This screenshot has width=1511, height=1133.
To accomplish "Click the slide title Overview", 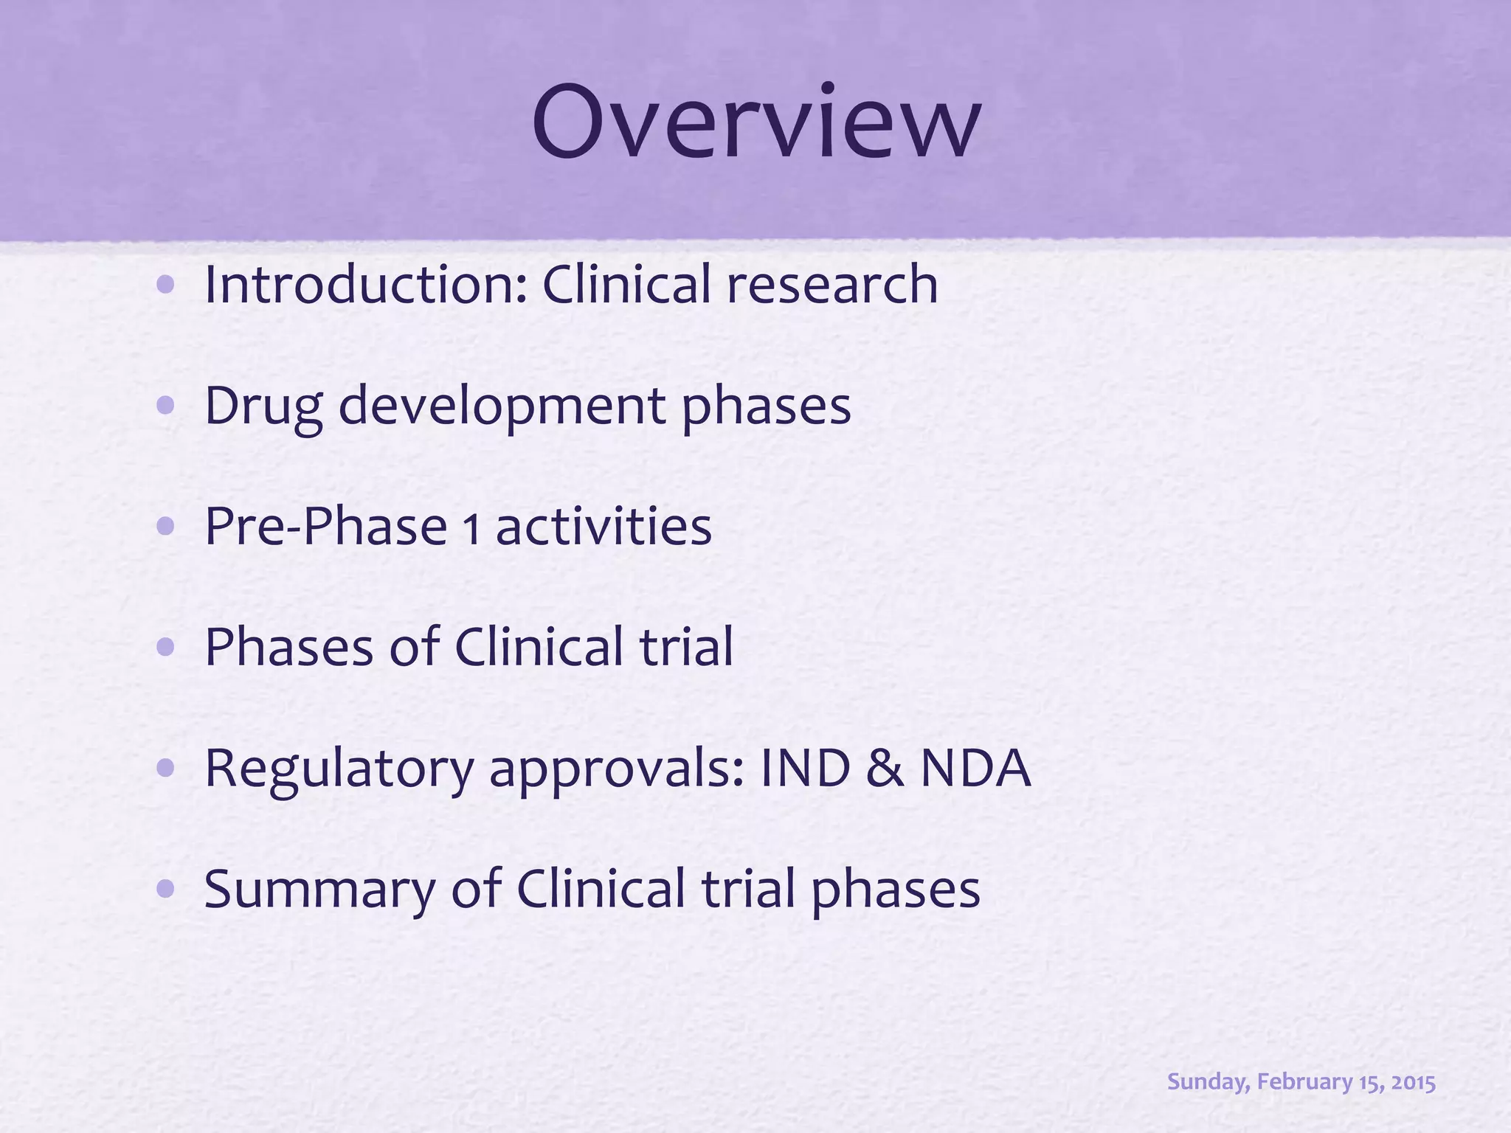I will tap(755, 122).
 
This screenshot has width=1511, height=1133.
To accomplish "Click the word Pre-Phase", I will tap(325, 527).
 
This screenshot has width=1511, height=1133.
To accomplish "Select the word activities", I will tap(604, 527).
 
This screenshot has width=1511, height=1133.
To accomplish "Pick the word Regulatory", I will tap(339, 769).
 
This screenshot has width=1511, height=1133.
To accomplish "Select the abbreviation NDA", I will tap(975, 769).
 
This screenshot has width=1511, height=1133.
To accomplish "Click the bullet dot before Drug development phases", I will tap(166, 405).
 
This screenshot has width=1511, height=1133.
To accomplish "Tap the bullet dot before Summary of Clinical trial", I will tap(166, 889).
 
